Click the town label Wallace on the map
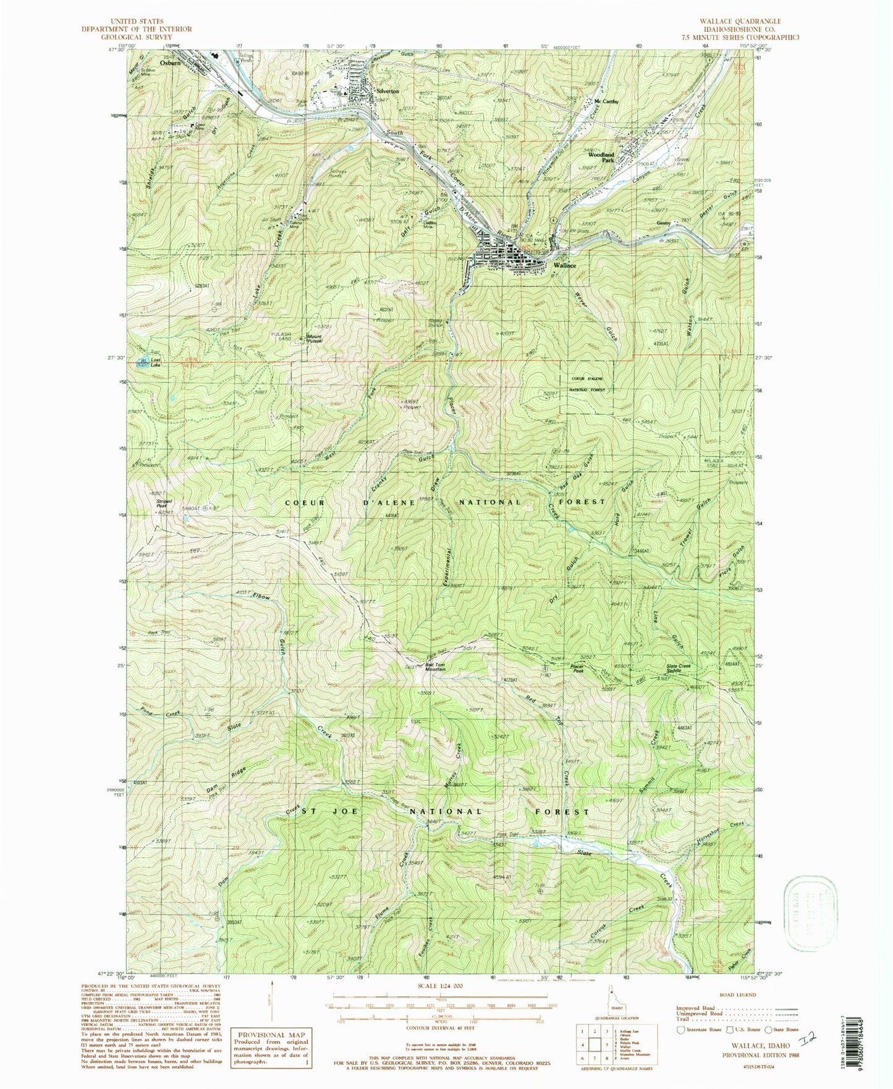point(565,265)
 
